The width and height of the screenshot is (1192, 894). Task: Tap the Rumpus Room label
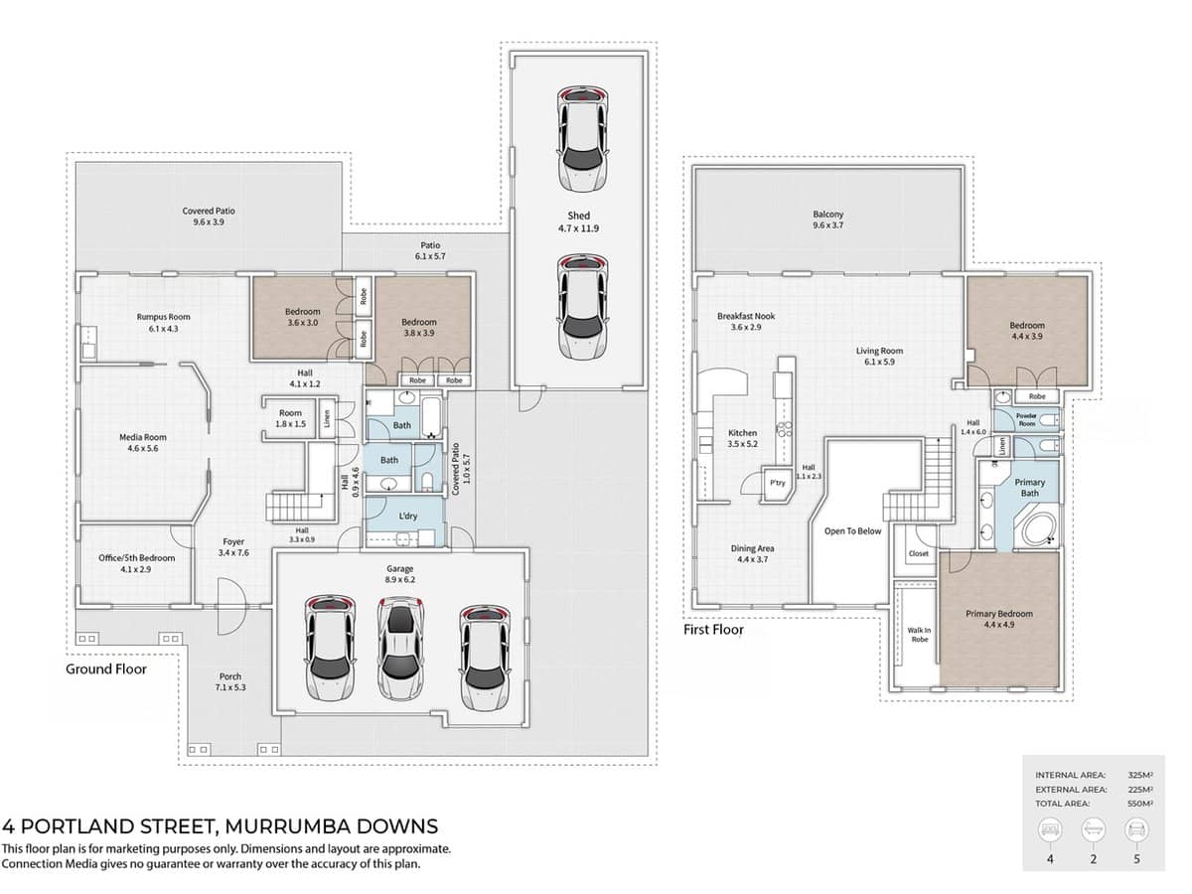163,317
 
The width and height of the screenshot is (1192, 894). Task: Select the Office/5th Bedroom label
136,558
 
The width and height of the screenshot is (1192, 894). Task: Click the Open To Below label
852,531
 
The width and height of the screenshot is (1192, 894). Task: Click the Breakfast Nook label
746,316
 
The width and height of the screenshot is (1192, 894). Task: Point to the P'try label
778,483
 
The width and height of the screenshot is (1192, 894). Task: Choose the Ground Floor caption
106,670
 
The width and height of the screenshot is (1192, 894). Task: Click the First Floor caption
713,630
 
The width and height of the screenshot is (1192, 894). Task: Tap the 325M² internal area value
1139,775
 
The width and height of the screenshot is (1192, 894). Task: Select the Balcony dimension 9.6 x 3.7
828,226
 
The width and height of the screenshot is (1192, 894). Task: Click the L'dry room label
407,517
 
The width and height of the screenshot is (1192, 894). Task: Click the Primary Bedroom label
998,614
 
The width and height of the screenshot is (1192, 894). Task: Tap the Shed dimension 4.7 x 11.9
579,228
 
